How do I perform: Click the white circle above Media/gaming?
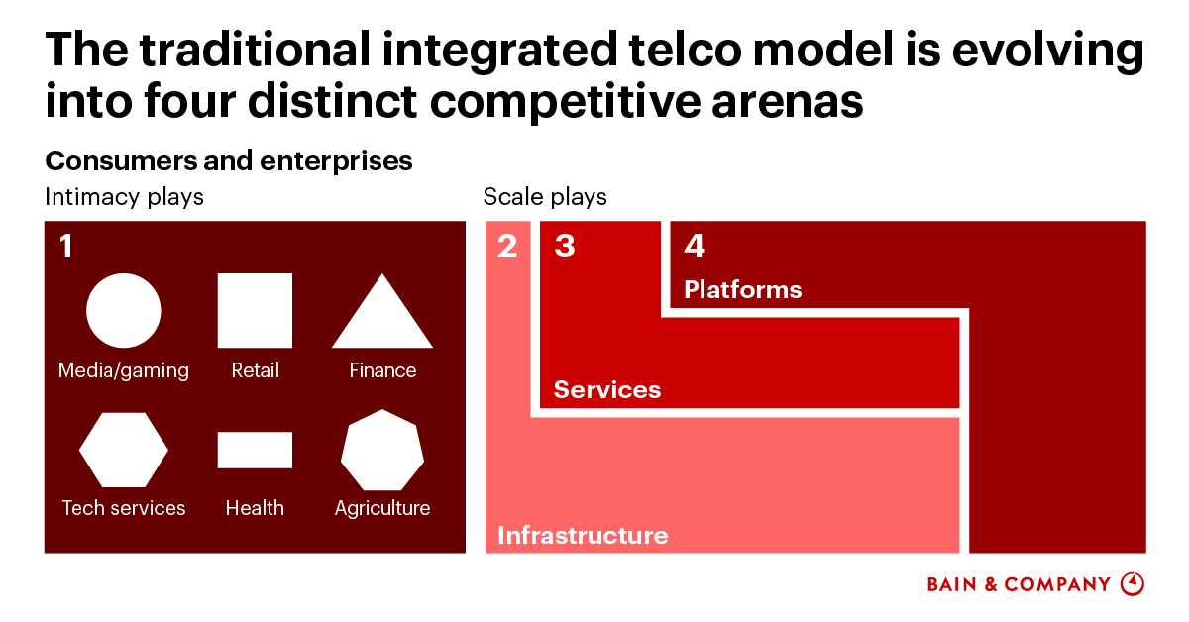click(124, 311)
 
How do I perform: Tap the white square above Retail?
click(255, 311)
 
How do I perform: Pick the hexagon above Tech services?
click(124, 450)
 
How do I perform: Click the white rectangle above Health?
click(255, 450)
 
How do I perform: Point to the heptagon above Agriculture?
click(382, 450)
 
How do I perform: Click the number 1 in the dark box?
click(66, 246)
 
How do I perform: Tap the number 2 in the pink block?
click(507, 246)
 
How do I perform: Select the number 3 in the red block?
click(565, 246)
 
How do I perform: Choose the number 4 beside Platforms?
click(695, 246)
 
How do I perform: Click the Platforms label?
click(742, 290)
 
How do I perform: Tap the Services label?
click(606, 390)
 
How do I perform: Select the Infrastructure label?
click(583, 536)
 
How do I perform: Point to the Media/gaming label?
click(124, 370)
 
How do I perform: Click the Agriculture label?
click(382, 508)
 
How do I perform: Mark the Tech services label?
click(124, 508)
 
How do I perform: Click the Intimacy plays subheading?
click(124, 197)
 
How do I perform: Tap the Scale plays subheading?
click(545, 197)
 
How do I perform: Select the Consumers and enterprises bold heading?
click(229, 160)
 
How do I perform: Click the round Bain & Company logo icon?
click(1132, 584)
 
